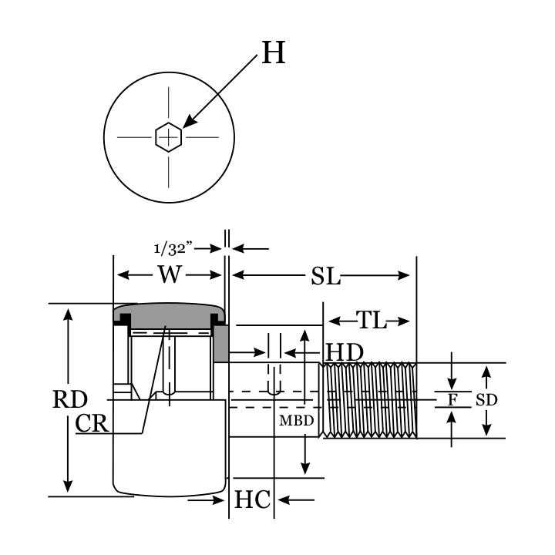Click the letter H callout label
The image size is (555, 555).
coord(274,53)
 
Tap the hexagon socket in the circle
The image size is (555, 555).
coord(168,137)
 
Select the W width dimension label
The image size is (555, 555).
coord(171,274)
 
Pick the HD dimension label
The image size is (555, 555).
coord(344,352)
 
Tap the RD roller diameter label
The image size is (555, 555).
coord(69,399)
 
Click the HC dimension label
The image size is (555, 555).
coord(252,500)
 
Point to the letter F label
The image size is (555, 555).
coord(452,400)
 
